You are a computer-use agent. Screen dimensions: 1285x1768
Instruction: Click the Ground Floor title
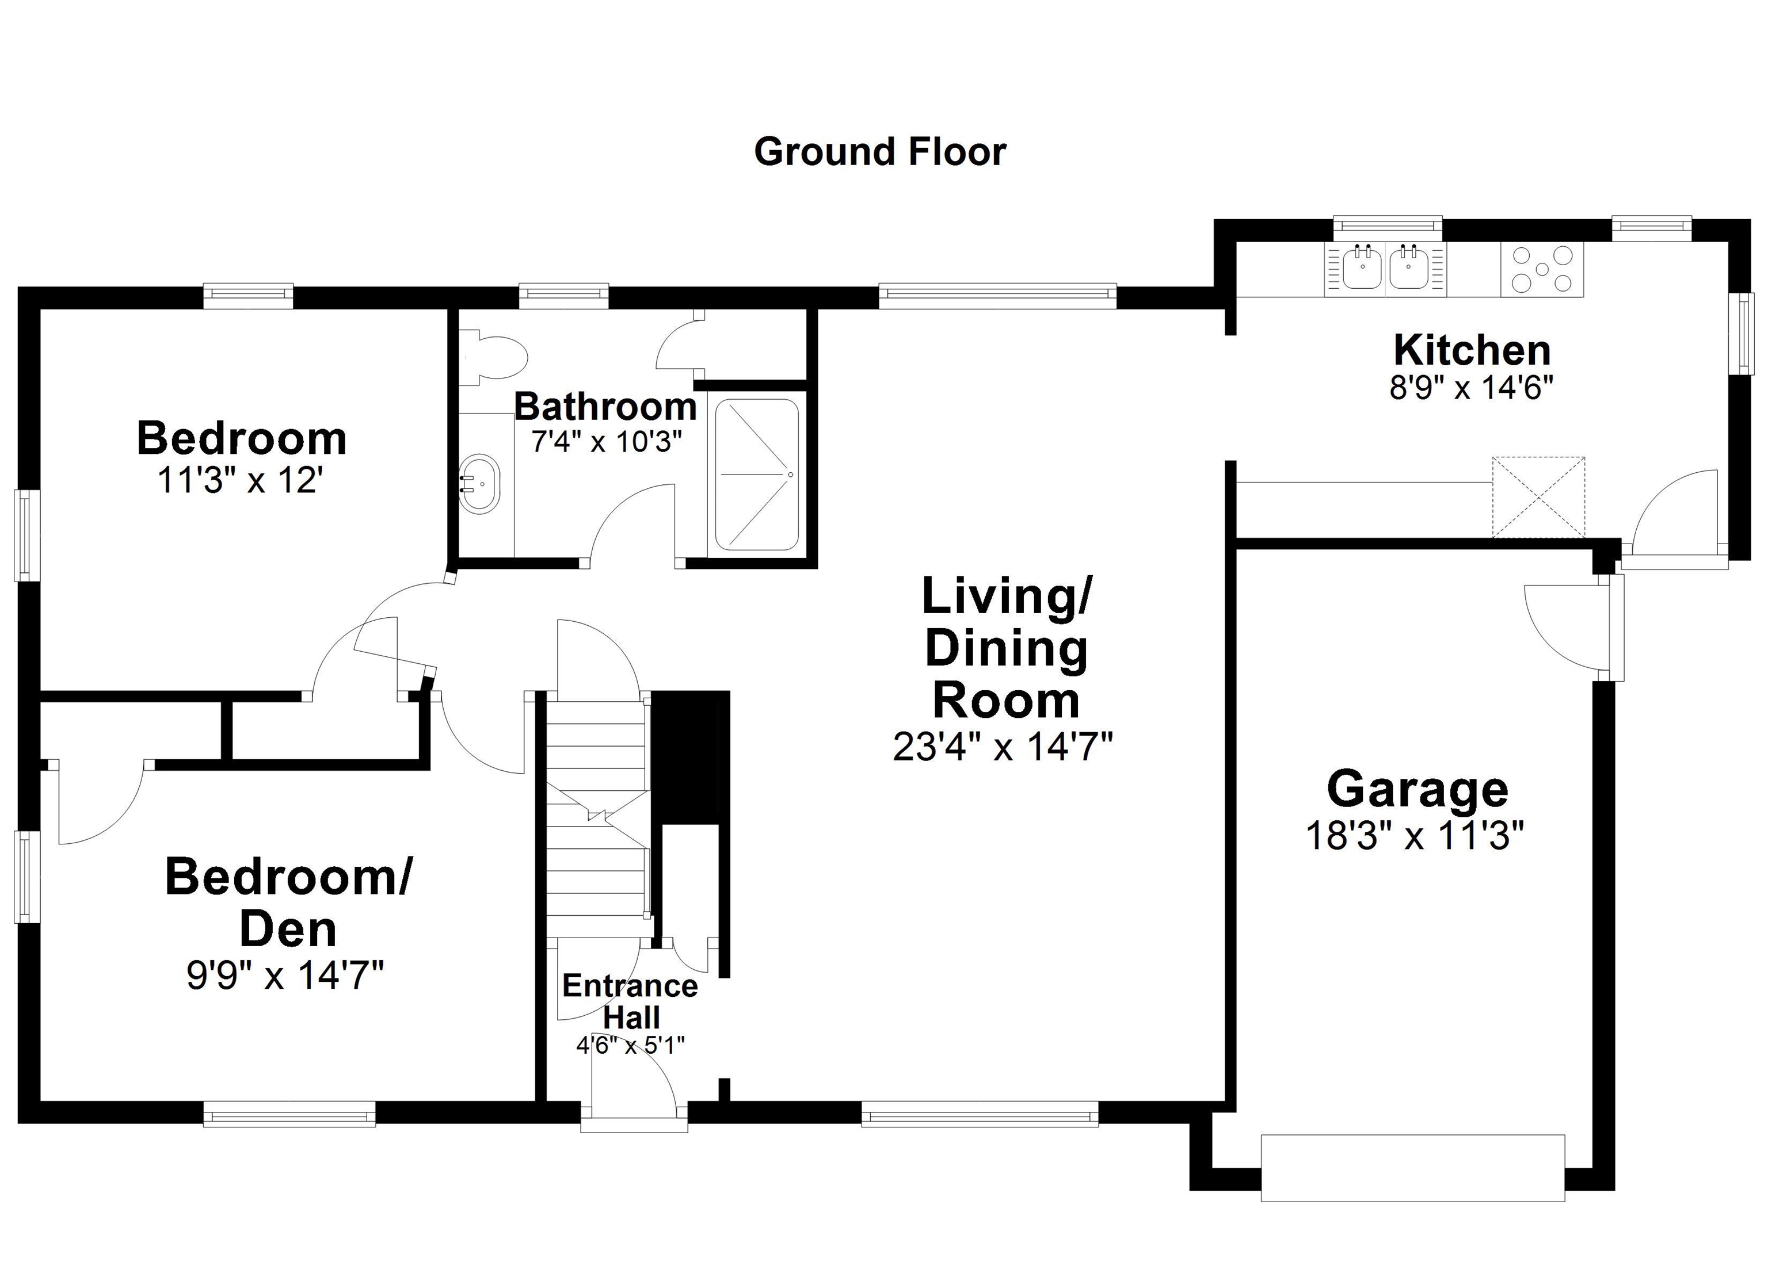[879, 152]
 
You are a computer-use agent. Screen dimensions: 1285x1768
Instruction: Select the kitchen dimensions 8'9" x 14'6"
[1472, 387]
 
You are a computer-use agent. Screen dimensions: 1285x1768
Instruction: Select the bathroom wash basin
[479, 484]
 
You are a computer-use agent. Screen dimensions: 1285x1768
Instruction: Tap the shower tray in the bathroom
[757, 475]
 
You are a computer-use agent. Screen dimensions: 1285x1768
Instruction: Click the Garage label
[1416, 789]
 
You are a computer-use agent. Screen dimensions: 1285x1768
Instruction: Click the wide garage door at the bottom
[1412, 1167]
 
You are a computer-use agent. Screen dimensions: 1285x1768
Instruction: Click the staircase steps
[596, 818]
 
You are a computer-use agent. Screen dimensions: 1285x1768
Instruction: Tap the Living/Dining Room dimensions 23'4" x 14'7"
[1003, 747]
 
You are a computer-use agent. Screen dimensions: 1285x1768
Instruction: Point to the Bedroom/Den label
[288, 902]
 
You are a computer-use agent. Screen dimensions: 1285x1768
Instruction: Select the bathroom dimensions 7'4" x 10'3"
[607, 442]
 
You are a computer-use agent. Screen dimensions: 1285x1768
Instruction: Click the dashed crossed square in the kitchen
[1538, 497]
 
